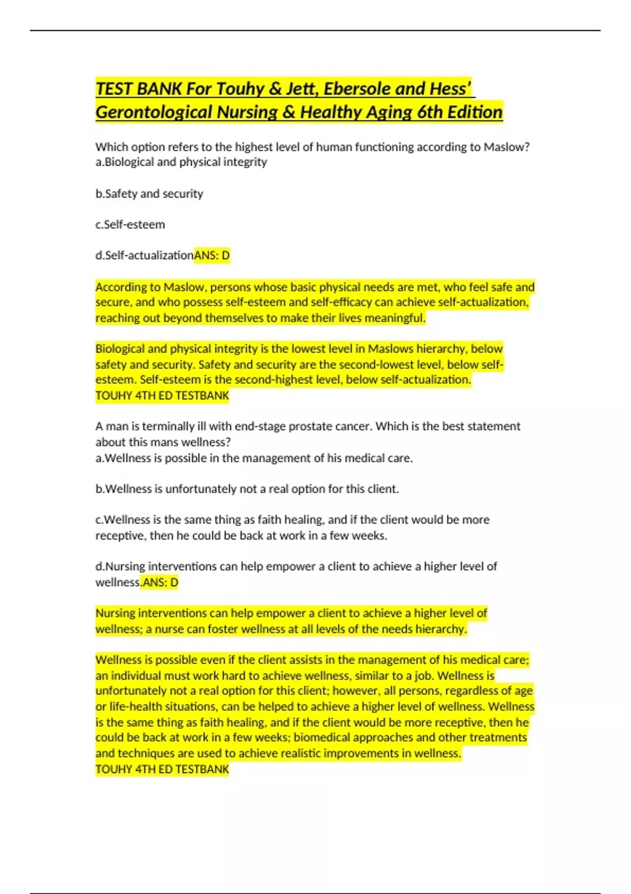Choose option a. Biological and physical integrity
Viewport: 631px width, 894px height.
(x=181, y=162)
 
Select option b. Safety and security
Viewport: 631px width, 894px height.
(x=149, y=194)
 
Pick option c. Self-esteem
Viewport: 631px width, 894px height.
(x=130, y=225)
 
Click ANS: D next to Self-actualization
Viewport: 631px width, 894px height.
(x=212, y=256)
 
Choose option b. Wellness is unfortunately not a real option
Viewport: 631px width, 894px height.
(x=247, y=489)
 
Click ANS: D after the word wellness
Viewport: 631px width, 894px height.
(x=160, y=583)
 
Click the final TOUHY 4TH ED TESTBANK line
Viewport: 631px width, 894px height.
(x=162, y=769)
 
